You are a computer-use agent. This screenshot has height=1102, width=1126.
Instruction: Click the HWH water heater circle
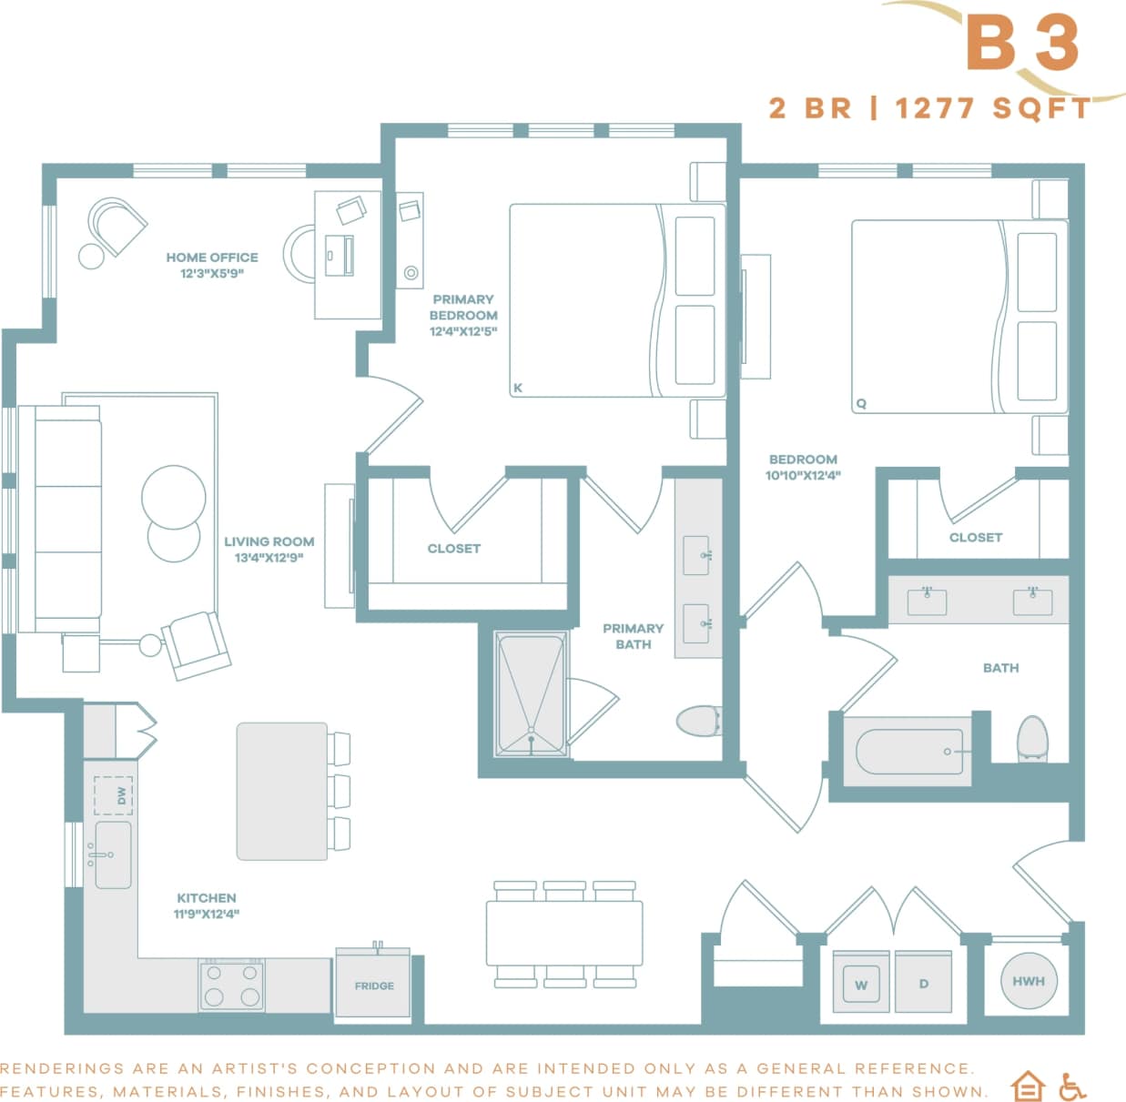pyautogui.click(x=1028, y=981)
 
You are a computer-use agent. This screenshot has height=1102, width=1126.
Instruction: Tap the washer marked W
pyautogui.click(x=860, y=983)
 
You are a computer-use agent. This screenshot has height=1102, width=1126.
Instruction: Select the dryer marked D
pyautogui.click(x=923, y=983)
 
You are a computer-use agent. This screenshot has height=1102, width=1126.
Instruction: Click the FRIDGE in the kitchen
pyautogui.click(x=373, y=984)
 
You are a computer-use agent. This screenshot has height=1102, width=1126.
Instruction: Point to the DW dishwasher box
pyautogui.click(x=114, y=795)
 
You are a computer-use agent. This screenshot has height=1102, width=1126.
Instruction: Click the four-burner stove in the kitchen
pyautogui.click(x=232, y=986)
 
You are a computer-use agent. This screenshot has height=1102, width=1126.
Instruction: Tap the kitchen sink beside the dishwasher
pyautogui.click(x=113, y=855)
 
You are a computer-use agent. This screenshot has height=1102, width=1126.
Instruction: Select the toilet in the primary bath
pyautogui.click(x=698, y=722)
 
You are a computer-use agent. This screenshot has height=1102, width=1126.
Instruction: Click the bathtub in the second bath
pyautogui.click(x=908, y=752)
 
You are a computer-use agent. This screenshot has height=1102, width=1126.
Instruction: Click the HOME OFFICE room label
pyautogui.click(x=211, y=258)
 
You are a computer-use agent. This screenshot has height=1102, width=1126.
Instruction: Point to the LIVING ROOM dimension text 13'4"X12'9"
pyautogui.click(x=269, y=558)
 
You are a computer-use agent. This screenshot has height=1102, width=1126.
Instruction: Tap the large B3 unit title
pyautogui.click(x=1021, y=43)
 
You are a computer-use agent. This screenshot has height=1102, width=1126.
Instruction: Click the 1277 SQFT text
pyautogui.click(x=992, y=108)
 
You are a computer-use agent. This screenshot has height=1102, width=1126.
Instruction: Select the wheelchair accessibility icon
pyautogui.click(x=1073, y=1087)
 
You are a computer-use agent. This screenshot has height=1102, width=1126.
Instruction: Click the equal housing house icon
pyautogui.click(x=1028, y=1087)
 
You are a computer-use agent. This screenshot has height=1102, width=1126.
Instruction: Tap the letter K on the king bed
pyautogui.click(x=518, y=388)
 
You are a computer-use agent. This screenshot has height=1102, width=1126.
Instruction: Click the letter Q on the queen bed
pyautogui.click(x=861, y=403)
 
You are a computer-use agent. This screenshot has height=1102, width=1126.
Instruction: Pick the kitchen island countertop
pyautogui.click(x=281, y=791)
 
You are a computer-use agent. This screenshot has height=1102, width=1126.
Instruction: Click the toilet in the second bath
pyautogui.click(x=1032, y=738)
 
